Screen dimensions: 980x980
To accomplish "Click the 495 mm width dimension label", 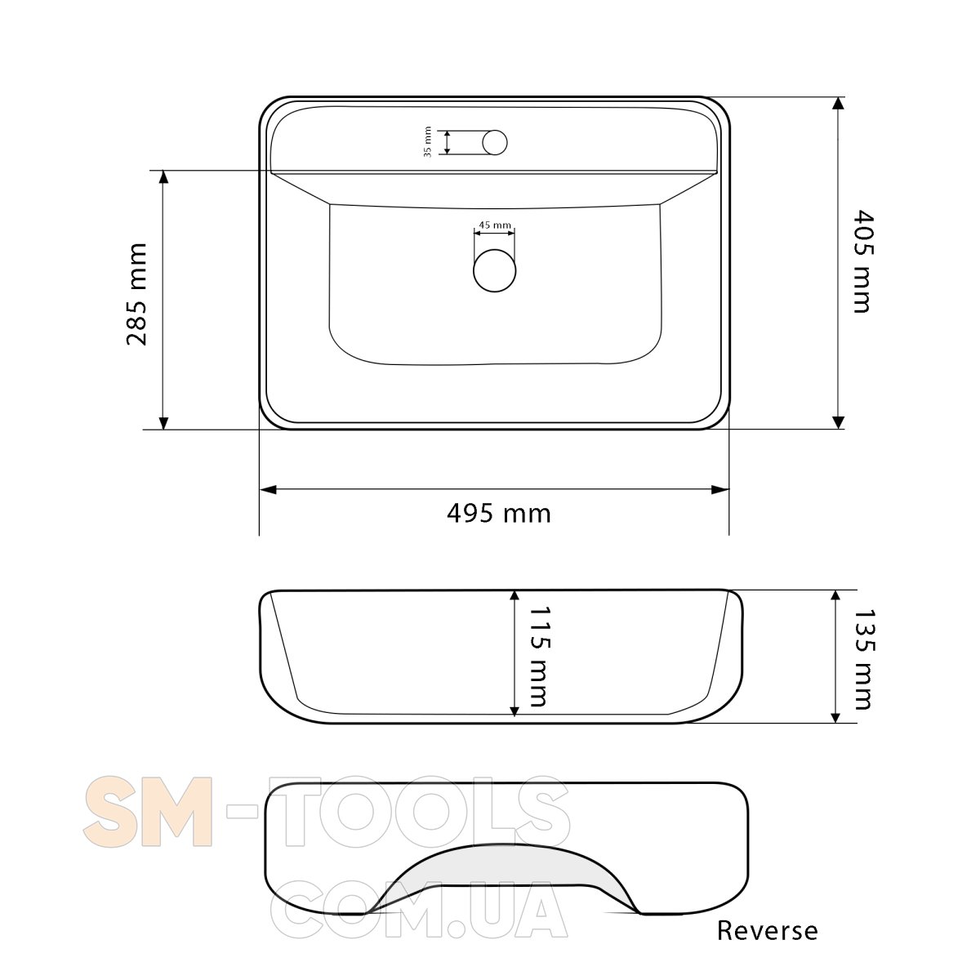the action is (x=499, y=513).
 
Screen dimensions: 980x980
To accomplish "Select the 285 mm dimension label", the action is (x=137, y=295).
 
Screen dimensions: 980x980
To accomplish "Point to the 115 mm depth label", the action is (x=539, y=656).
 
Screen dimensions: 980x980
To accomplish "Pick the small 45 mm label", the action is (x=495, y=225).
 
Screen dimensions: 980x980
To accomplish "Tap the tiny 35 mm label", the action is (x=428, y=142).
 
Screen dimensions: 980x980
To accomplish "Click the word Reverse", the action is (x=768, y=930).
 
